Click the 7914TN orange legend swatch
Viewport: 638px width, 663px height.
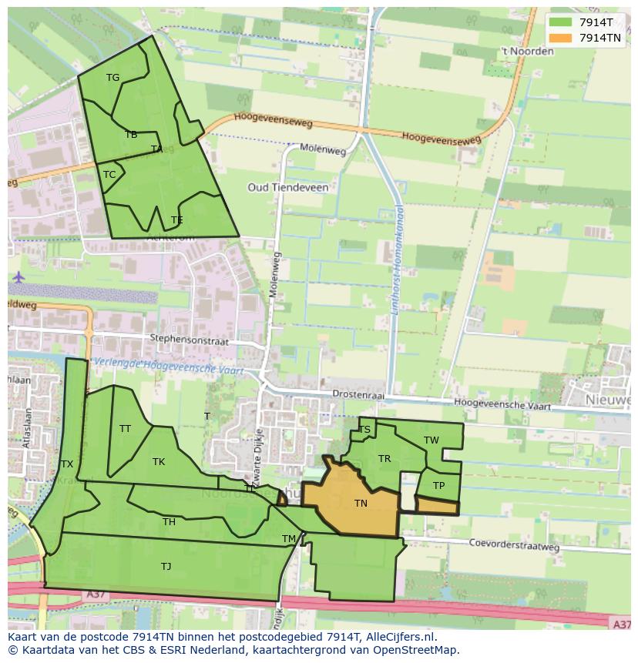560,37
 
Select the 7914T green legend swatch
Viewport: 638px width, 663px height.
560,22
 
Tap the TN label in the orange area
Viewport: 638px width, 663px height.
361,504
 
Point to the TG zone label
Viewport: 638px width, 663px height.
112,77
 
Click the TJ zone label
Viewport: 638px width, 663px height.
166,567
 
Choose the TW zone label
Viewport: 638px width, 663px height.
431,440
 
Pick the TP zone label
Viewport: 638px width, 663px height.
438,486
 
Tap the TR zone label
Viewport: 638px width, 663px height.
384,459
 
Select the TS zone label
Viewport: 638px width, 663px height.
364,430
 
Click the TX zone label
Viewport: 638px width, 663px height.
67,464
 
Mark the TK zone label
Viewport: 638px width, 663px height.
159,462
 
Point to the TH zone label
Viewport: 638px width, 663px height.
169,522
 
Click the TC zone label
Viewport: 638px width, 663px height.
109,175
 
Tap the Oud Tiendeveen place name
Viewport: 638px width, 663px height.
287,187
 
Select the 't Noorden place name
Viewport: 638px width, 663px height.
527,52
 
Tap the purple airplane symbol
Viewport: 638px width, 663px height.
18,276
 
